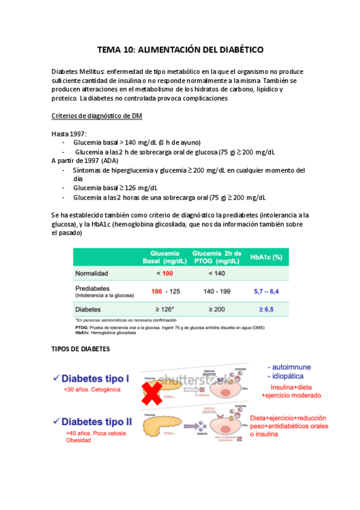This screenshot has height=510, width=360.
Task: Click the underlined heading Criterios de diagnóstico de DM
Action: (97, 116)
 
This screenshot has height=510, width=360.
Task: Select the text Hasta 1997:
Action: (69, 134)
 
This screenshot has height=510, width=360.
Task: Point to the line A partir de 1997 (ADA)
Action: (85, 161)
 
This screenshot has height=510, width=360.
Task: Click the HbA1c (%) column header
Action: (266, 257)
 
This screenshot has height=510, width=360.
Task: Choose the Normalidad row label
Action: (91, 273)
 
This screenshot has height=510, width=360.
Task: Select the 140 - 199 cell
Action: (217, 291)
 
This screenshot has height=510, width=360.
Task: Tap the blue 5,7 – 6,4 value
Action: (266, 291)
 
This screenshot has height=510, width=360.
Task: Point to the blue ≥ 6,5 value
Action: (266, 309)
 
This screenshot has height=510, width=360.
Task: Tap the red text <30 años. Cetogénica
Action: (93, 390)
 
